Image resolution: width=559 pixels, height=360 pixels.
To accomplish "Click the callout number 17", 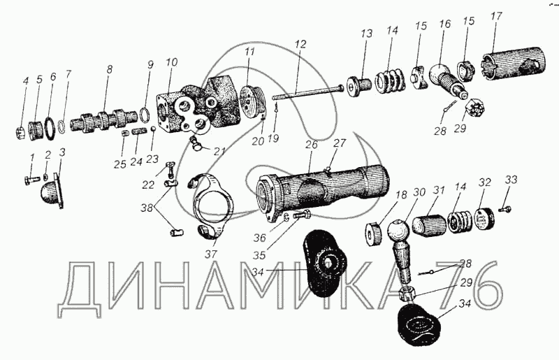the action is pos(496,16).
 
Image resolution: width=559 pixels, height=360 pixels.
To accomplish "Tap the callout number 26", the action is pos(311,145).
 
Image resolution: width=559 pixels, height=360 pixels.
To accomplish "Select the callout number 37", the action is pos(211,254).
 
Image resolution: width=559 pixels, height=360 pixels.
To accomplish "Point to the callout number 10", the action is pos(171,62).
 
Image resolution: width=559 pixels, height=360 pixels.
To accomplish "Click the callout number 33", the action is pos(511,180).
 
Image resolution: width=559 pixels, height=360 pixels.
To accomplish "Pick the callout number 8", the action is pos(109,69).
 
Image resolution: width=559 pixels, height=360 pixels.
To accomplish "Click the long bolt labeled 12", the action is pos(307,92).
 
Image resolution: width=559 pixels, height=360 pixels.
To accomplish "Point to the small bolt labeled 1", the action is pos(32,180).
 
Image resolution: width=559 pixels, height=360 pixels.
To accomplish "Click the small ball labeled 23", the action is pos(153,129).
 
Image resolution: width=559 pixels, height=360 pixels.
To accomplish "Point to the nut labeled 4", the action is pos(20,133).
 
